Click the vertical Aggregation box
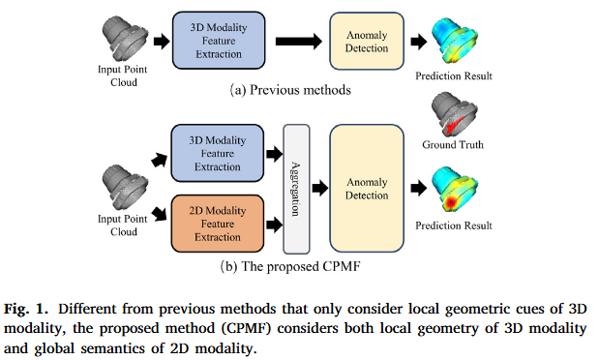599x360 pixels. point(296,180)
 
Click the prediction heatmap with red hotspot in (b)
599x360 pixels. point(453,190)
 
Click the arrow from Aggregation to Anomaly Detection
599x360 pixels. point(319,182)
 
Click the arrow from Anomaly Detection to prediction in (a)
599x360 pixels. point(416,42)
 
